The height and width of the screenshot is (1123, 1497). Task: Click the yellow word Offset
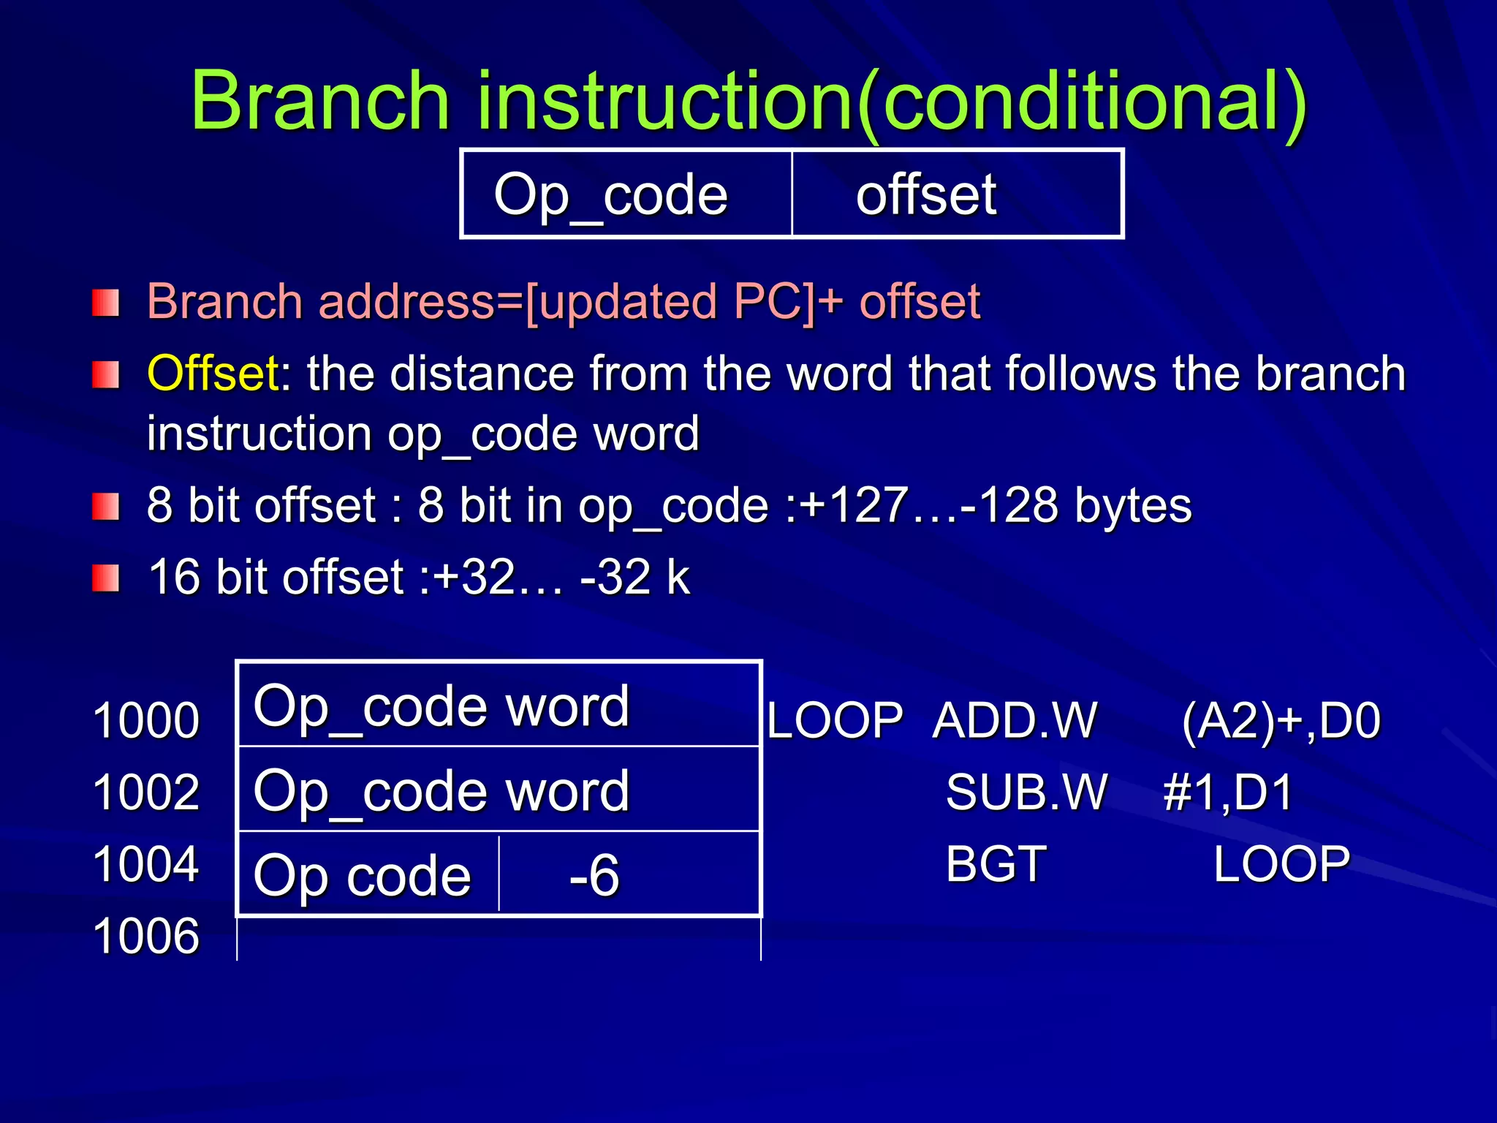(x=212, y=374)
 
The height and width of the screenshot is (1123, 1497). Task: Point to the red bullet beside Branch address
(x=106, y=303)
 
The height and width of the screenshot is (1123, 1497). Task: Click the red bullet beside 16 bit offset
(x=106, y=579)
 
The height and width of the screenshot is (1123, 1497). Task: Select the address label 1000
(x=146, y=720)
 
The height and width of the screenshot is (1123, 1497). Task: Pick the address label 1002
(x=146, y=792)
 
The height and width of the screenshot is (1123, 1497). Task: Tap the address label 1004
(x=146, y=863)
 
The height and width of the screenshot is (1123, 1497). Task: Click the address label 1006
(x=146, y=935)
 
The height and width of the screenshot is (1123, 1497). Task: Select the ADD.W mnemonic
(x=1015, y=720)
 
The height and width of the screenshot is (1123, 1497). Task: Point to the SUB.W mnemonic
(x=1026, y=792)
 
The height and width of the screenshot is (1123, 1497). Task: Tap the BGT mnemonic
(x=996, y=863)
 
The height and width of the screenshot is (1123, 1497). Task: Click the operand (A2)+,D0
(x=1281, y=720)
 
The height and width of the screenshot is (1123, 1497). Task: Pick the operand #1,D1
(x=1228, y=792)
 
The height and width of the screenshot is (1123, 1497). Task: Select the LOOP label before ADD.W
(x=835, y=720)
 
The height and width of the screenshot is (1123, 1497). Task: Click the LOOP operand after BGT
(x=1281, y=863)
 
